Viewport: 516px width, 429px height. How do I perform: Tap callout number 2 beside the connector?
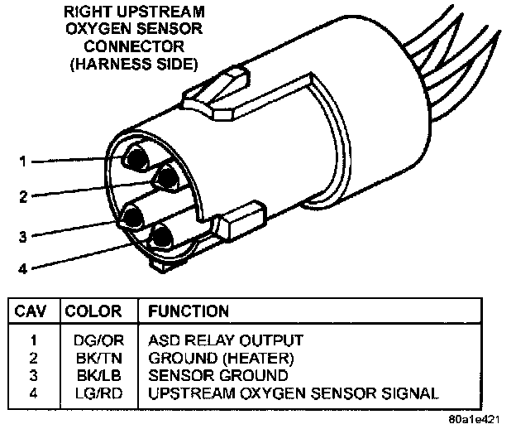coord(24,197)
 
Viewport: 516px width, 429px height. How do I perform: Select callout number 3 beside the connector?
coord(24,237)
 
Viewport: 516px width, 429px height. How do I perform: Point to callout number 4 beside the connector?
coord(24,268)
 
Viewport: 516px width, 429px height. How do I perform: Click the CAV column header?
coord(32,311)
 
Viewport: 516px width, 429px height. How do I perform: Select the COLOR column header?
coord(93,311)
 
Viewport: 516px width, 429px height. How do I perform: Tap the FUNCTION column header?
coord(188,311)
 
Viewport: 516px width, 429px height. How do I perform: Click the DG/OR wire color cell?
coord(93,340)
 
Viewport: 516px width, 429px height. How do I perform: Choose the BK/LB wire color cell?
coord(93,374)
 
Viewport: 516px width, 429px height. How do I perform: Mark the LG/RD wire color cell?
coord(93,392)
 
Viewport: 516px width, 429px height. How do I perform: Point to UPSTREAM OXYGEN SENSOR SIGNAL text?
coord(293,392)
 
